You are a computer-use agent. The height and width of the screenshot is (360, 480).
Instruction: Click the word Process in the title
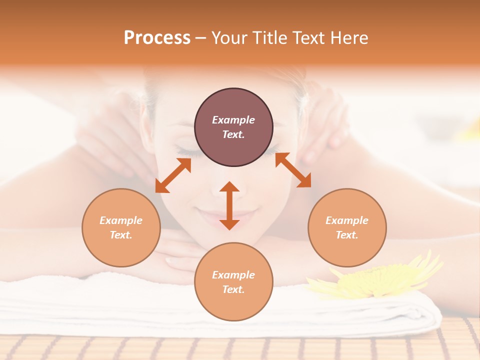point(157,38)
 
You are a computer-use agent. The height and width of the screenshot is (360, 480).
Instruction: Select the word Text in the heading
point(307,38)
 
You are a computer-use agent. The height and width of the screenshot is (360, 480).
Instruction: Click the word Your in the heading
point(228,38)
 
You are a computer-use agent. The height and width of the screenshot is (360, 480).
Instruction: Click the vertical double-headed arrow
point(229,205)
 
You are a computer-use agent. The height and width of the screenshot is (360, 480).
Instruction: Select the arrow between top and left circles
point(173,175)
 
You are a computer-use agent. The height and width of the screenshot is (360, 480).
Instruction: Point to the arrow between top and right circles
point(293,170)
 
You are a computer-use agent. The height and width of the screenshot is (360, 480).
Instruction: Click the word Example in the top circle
point(233,120)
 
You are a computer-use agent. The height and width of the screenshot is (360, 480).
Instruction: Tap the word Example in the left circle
point(121,220)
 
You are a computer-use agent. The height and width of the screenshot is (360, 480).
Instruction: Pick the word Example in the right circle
point(347,220)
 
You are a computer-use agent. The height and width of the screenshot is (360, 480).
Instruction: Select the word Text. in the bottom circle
point(233,289)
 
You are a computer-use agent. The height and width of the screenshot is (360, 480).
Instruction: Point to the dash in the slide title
point(200,38)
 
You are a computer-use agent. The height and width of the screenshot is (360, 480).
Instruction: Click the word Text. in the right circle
point(347,235)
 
